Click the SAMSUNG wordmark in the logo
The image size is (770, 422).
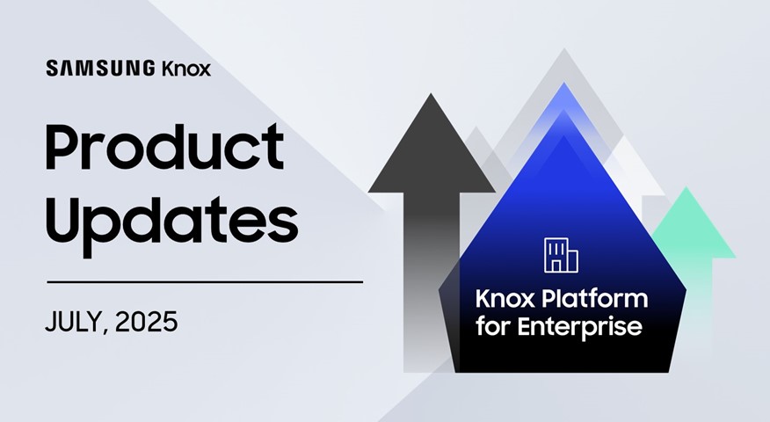click(x=101, y=69)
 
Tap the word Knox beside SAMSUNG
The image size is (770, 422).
click(x=186, y=69)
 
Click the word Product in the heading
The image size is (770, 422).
click(x=164, y=148)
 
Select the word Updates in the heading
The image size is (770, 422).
click(x=171, y=224)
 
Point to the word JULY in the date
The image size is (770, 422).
click(x=74, y=323)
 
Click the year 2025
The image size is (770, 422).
click(x=146, y=322)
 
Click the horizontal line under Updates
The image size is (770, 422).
click(x=205, y=282)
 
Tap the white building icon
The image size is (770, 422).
click(x=561, y=255)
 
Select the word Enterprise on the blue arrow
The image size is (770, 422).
click(x=579, y=327)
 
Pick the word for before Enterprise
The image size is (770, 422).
click(x=493, y=326)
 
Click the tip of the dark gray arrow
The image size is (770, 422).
click(x=431, y=94)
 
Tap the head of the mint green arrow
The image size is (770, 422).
click(x=693, y=223)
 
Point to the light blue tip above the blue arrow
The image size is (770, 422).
click(x=563, y=98)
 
